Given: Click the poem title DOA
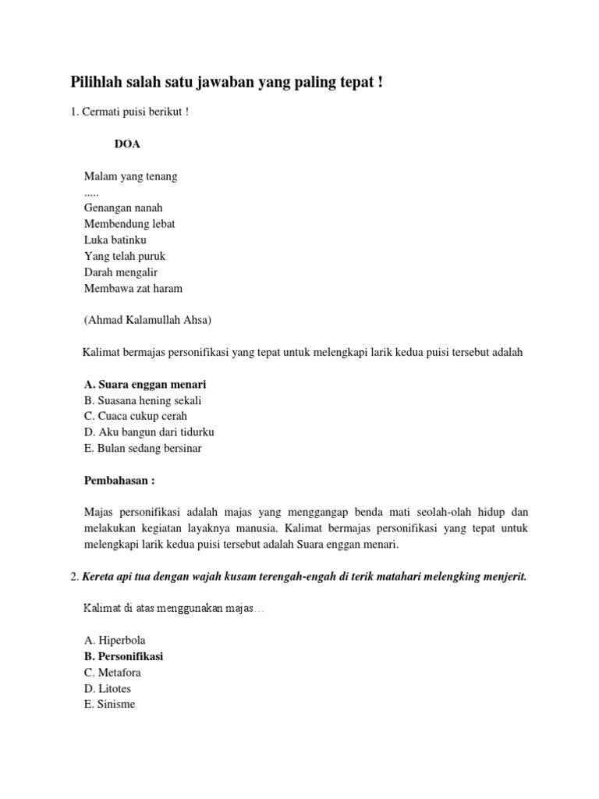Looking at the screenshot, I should [x=127, y=144].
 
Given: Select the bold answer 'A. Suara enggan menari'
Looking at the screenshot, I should [x=145, y=385].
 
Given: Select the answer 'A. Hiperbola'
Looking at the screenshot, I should [x=115, y=640].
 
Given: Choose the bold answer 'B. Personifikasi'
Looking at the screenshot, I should [x=123, y=656].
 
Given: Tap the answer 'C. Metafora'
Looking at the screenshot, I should [x=113, y=672].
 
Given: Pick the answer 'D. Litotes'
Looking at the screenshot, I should [x=108, y=688].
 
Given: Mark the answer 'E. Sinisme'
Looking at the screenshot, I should [x=109, y=704].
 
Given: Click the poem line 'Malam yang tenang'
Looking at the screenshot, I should [x=130, y=176].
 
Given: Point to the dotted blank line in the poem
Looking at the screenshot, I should [x=91, y=192].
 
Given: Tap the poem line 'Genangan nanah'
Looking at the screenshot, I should [x=123, y=208].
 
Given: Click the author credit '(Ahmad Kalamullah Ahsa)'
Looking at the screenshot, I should [x=148, y=320].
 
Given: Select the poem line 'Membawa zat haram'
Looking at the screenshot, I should [x=133, y=288].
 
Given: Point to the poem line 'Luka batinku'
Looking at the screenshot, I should [x=115, y=240].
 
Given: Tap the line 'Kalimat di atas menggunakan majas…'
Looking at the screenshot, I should [x=173, y=608].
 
